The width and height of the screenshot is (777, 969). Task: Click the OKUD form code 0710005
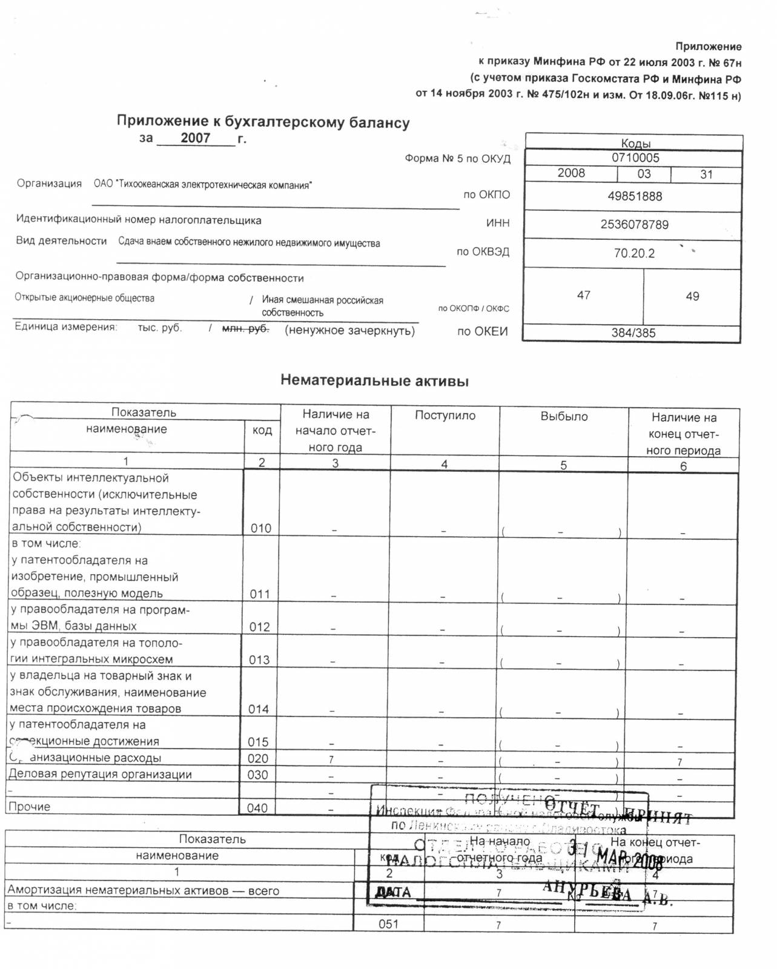(635, 158)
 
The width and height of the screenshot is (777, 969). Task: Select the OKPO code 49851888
(635, 196)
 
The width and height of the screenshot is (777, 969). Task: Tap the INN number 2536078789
(634, 225)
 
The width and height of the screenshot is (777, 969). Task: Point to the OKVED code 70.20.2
(634, 253)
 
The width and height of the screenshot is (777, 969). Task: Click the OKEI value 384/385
(633, 332)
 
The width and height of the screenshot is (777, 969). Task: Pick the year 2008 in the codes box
(571, 173)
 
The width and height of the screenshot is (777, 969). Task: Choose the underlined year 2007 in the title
(195, 138)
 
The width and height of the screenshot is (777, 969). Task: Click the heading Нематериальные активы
(374, 381)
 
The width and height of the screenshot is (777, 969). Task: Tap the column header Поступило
(445, 415)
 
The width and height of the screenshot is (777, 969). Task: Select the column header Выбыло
(564, 417)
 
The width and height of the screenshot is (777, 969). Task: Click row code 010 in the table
(261, 528)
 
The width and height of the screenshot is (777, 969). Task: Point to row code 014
(259, 709)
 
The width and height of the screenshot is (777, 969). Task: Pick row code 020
(258, 758)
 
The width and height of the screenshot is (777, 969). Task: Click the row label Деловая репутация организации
(100, 774)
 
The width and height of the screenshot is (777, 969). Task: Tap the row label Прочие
(29, 807)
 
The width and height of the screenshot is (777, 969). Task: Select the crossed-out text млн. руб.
(245, 328)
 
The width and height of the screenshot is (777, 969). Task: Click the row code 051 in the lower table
(388, 924)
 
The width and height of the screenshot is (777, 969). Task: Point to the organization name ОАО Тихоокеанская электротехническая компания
(203, 185)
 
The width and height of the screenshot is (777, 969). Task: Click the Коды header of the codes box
(635, 144)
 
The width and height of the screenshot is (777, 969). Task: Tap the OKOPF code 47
(583, 296)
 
